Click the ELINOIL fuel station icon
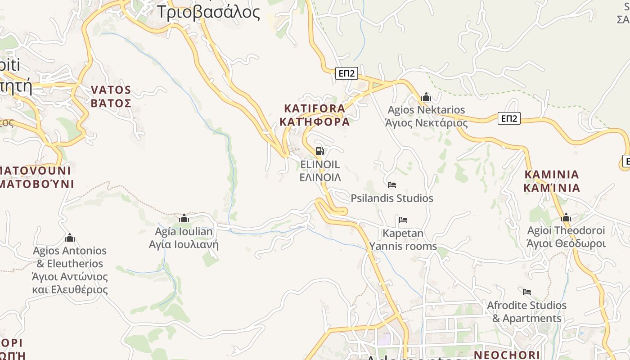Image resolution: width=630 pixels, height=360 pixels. click(x=319, y=151)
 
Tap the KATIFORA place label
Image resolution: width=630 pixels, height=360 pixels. click(x=315, y=115)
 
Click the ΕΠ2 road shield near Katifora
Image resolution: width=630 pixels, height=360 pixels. click(x=346, y=73)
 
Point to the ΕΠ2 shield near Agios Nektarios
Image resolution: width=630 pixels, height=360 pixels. click(x=509, y=118)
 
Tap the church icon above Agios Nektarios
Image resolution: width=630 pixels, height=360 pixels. click(x=426, y=97)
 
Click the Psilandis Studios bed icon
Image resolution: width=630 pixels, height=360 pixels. click(x=392, y=184)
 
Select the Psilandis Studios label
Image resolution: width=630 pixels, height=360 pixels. click(x=391, y=198)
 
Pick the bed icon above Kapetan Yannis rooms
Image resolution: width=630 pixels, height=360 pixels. click(x=403, y=220)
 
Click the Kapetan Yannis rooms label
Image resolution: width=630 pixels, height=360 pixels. click(x=403, y=240)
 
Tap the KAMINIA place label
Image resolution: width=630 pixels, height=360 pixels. click(x=552, y=181)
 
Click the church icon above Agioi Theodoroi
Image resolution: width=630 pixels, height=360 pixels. click(x=566, y=218)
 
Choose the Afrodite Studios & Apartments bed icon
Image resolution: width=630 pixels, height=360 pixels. click(x=527, y=292)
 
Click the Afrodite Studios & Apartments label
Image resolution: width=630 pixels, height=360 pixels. click(x=527, y=312)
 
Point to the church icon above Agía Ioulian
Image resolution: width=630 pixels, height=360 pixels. click(x=184, y=219)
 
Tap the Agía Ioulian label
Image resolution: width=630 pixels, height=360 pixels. click(x=184, y=238)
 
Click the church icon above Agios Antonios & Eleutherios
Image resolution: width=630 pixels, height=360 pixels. click(x=70, y=238)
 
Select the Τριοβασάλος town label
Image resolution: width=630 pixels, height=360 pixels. click(x=208, y=12)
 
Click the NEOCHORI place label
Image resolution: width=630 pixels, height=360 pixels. click(x=507, y=355)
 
